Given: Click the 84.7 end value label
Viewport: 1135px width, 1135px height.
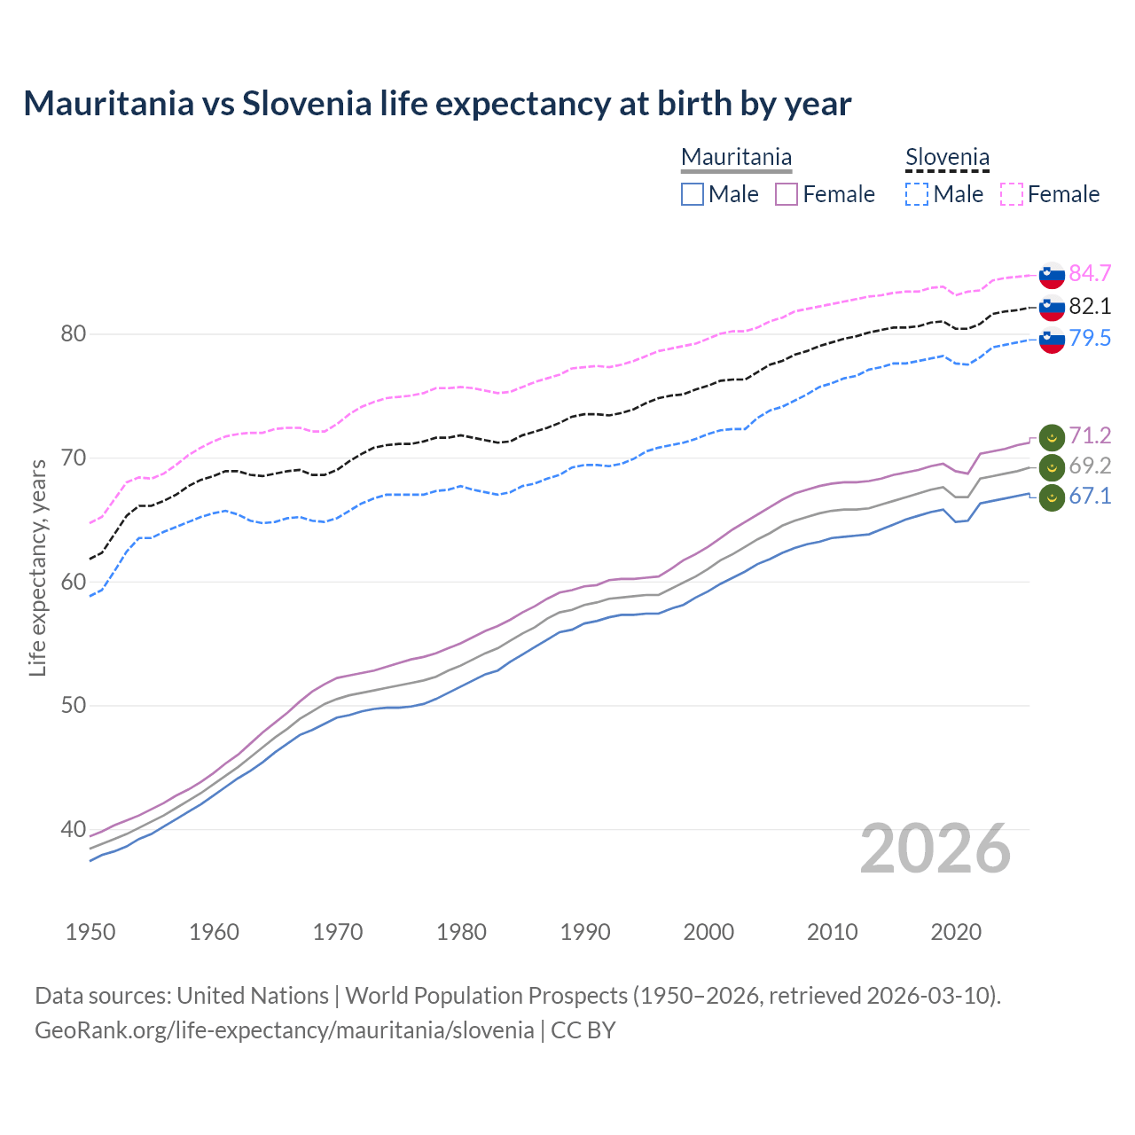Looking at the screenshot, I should point(1090,273).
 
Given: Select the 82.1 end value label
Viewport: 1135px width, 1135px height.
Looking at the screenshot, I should point(1090,306).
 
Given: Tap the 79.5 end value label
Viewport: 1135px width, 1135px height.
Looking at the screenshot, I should point(1090,338).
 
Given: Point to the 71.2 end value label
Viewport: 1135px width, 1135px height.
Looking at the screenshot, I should point(1090,435).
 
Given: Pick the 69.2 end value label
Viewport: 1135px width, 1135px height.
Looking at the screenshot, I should point(1090,466).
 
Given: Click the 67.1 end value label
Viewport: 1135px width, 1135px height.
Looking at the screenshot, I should point(1090,496).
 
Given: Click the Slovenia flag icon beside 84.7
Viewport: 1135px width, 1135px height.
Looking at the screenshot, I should point(1052,275).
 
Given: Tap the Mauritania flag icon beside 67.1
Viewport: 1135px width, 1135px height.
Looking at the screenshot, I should point(1052,498).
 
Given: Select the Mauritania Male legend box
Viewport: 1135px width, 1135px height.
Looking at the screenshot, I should point(693,194).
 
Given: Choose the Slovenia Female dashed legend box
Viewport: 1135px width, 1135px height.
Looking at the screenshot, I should point(1012,194).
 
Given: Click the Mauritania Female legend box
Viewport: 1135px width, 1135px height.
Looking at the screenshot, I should point(787,194).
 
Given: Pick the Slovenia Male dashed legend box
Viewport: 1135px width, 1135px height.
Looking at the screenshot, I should point(917,194).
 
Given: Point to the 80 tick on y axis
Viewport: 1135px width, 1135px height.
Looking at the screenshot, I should point(73,334).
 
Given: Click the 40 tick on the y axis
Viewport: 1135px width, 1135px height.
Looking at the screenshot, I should point(73,830).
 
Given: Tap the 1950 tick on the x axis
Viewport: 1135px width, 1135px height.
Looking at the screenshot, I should point(90,932).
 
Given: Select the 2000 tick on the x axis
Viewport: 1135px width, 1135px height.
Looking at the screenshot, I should point(708,932).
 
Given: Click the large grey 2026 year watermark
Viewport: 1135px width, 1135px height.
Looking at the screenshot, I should point(935,849).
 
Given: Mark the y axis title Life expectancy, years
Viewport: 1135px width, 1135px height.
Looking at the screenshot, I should point(37,567).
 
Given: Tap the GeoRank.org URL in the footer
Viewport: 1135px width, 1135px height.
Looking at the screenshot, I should point(284,1030).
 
